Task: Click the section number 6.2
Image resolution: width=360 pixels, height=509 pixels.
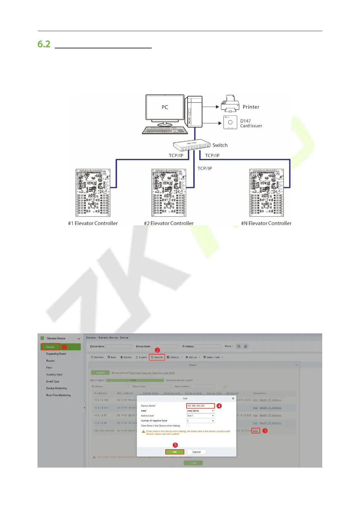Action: tap(44, 44)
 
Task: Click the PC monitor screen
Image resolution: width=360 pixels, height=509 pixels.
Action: tap(165, 107)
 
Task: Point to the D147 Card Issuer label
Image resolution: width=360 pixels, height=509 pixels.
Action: tap(251, 123)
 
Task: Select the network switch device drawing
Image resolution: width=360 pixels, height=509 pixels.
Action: tap(192, 146)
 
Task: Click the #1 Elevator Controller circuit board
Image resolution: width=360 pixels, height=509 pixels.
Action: tap(93, 193)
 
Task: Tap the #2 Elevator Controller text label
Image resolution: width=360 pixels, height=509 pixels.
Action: tap(169, 223)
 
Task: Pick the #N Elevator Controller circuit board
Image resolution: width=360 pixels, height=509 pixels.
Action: tap(266, 193)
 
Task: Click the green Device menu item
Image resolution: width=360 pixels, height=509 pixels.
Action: tap(50, 347)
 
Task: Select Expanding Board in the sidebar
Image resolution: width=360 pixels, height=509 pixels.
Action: tap(56, 354)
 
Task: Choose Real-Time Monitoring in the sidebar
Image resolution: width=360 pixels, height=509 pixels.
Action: tap(58, 395)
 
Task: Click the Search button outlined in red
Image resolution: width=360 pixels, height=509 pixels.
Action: tap(157, 357)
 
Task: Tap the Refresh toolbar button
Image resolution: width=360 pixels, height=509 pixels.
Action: tap(97, 357)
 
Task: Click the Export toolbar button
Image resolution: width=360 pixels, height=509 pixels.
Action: tap(141, 357)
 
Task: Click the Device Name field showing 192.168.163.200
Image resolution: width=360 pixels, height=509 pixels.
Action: tap(200, 406)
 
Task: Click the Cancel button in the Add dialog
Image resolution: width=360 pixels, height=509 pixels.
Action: tap(196, 452)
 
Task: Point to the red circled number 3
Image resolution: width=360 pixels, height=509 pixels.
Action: tap(265, 431)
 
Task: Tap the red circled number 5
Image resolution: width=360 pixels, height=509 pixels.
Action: tap(175, 445)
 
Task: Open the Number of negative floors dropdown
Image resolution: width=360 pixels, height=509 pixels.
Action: tap(200, 421)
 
